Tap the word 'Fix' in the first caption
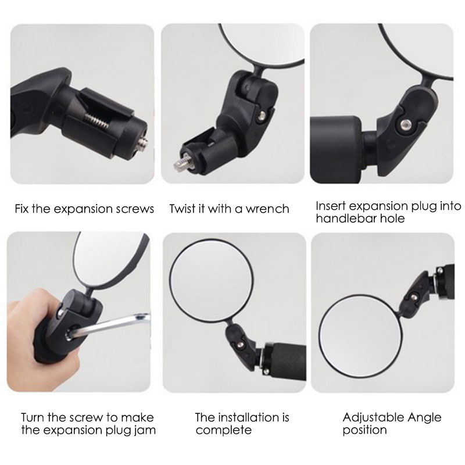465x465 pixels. (x=22, y=209)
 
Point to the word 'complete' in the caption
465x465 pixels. (x=224, y=430)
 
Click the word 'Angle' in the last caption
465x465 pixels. (x=424, y=418)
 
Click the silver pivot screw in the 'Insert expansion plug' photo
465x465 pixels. (x=403, y=124)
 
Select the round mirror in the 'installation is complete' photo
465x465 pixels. (x=212, y=277)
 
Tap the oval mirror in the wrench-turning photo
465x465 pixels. (x=110, y=261)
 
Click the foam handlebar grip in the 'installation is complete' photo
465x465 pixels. (x=285, y=362)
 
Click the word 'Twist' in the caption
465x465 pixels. (x=181, y=209)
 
